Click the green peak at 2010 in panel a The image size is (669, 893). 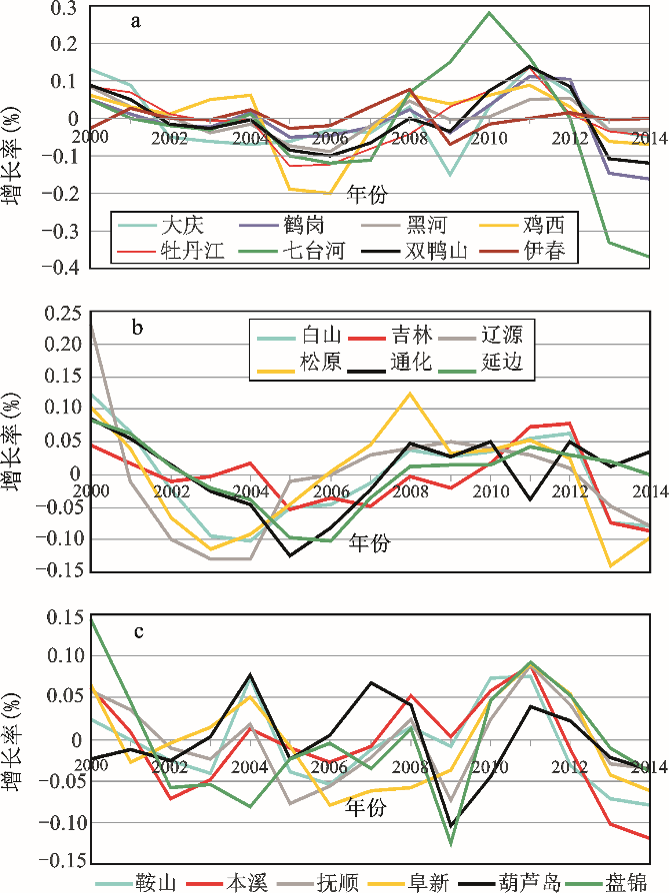(x=489, y=13)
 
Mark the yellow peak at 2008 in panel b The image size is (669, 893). (x=410, y=393)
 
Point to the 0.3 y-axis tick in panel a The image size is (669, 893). (x=65, y=9)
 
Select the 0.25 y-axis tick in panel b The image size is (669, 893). (x=59, y=314)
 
